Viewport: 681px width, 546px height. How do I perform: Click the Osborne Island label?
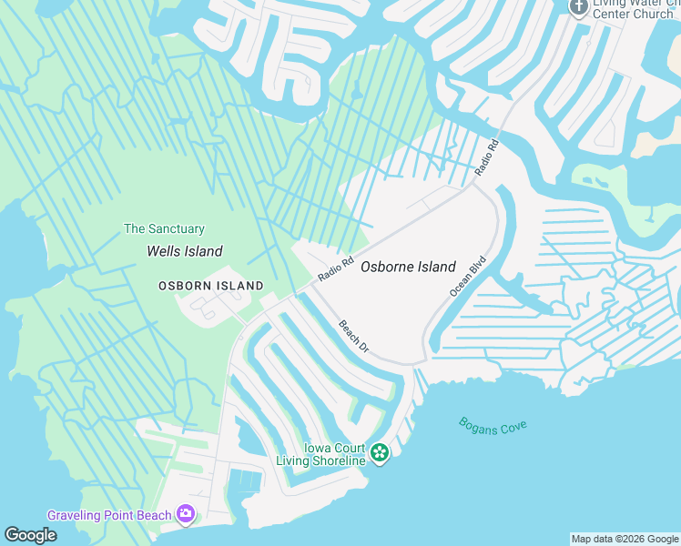point(408,267)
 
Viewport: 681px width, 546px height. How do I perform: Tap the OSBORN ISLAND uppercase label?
point(211,286)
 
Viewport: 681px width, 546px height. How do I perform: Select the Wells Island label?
point(185,251)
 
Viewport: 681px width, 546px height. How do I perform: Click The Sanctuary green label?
point(164,229)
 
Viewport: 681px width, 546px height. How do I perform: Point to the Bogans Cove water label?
point(493,426)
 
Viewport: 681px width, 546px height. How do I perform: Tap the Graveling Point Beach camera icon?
point(186,515)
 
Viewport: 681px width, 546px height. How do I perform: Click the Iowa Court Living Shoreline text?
point(320,455)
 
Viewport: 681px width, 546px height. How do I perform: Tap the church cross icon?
point(578,6)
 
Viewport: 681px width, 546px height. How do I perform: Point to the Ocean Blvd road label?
point(468,276)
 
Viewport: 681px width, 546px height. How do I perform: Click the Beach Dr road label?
point(353,336)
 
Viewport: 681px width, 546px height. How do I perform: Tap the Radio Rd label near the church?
point(487,157)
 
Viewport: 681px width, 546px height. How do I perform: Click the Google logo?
point(30,535)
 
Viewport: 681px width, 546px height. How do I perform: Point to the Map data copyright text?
point(625,539)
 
